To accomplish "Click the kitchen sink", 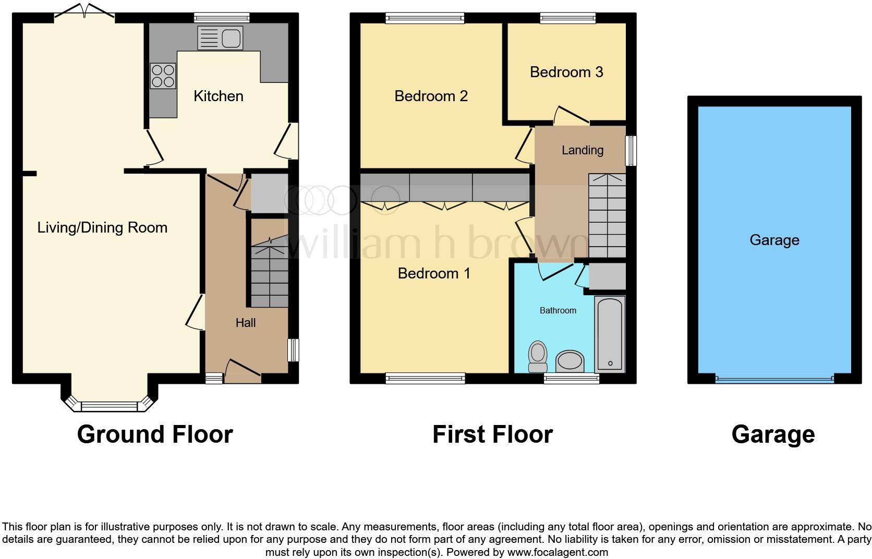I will [x=220, y=38].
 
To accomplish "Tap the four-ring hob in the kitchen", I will [x=163, y=76].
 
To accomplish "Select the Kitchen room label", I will [x=218, y=96].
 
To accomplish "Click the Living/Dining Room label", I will [x=102, y=227].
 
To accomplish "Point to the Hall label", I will [x=245, y=323].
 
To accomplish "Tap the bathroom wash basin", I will [x=570, y=361].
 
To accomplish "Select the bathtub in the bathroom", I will [x=610, y=334].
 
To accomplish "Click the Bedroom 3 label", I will [x=566, y=72].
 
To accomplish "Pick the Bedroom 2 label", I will [x=431, y=96].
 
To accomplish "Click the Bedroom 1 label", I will [x=434, y=273].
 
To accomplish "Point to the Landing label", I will [x=583, y=150].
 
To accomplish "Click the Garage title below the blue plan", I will [x=773, y=434].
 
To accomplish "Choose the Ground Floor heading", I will [x=155, y=434].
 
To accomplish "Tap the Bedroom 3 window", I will [x=568, y=19].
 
